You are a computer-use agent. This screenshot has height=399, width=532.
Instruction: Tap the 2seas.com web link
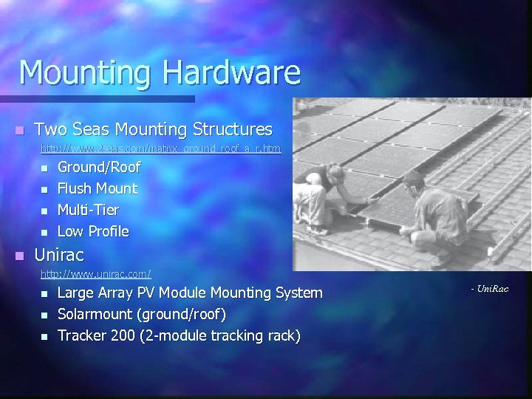(x=160, y=149)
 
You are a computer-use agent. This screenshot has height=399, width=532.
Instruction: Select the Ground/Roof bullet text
(x=99, y=167)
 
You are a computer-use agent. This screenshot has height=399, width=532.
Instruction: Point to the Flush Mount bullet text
(x=98, y=188)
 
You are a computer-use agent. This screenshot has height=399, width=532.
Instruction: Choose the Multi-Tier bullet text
(x=88, y=210)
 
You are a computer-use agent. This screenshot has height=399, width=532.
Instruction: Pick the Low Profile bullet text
(x=93, y=231)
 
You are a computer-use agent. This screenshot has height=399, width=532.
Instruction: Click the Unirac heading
(x=59, y=255)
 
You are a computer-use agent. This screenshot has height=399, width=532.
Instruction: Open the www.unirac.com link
(x=96, y=274)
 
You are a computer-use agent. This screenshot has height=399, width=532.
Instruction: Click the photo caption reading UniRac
(x=490, y=288)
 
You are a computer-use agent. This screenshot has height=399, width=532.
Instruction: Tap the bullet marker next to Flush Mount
(x=44, y=190)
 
